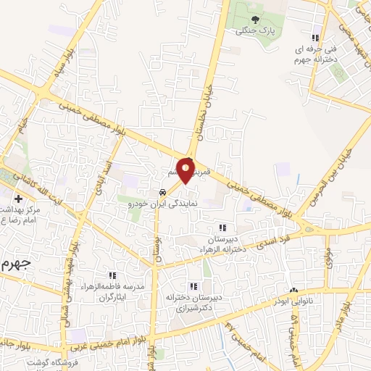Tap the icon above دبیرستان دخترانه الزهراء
(222, 228)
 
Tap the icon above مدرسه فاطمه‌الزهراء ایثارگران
(112, 275)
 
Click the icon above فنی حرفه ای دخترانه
(314, 38)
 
